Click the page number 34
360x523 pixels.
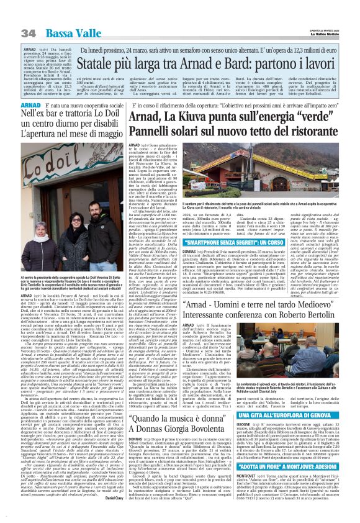[x=28, y=32]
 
